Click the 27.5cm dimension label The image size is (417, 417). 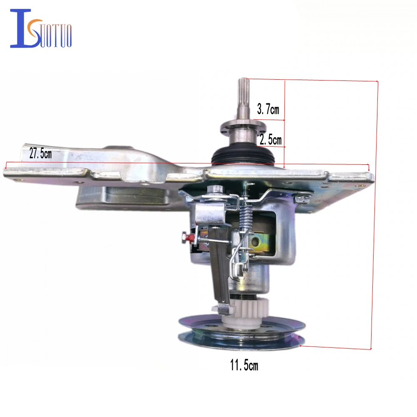click(x=40, y=153)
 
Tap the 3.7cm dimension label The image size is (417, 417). click(x=268, y=109)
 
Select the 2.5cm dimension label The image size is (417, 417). click(x=271, y=140)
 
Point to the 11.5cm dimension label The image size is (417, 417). click(x=244, y=365)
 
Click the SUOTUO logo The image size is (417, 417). click(x=41, y=28)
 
